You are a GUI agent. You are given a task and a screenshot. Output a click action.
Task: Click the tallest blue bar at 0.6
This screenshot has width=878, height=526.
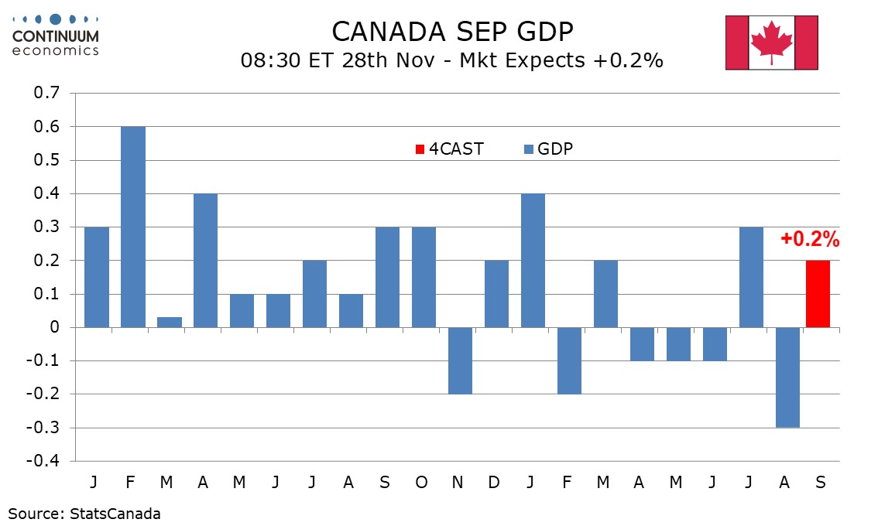coord(132,227)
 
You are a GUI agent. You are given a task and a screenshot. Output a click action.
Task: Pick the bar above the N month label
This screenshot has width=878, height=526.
coord(460,360)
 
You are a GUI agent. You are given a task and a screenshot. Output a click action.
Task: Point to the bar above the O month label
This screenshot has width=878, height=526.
coord(424,277)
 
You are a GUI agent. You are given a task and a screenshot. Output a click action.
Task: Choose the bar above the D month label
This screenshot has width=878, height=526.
coord(496,294)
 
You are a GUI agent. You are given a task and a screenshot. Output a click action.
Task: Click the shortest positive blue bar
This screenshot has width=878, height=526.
coord(169,322)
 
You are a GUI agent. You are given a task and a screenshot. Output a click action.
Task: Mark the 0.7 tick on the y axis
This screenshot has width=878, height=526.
coord(47,94)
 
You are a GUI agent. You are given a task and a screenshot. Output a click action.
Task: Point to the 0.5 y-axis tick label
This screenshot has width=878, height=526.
coord(47,160)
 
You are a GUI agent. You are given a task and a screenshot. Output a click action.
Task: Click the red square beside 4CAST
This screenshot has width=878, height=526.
coord(420,149)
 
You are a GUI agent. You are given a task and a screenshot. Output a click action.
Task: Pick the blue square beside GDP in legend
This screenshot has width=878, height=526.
coord(529,149)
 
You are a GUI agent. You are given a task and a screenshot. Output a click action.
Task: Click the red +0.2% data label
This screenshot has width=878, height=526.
coord(810,240)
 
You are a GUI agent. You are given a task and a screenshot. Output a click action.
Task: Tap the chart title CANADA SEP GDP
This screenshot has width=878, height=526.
coord(452,32)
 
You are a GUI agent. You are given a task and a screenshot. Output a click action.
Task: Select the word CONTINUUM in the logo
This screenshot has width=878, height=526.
coord(56,36)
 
